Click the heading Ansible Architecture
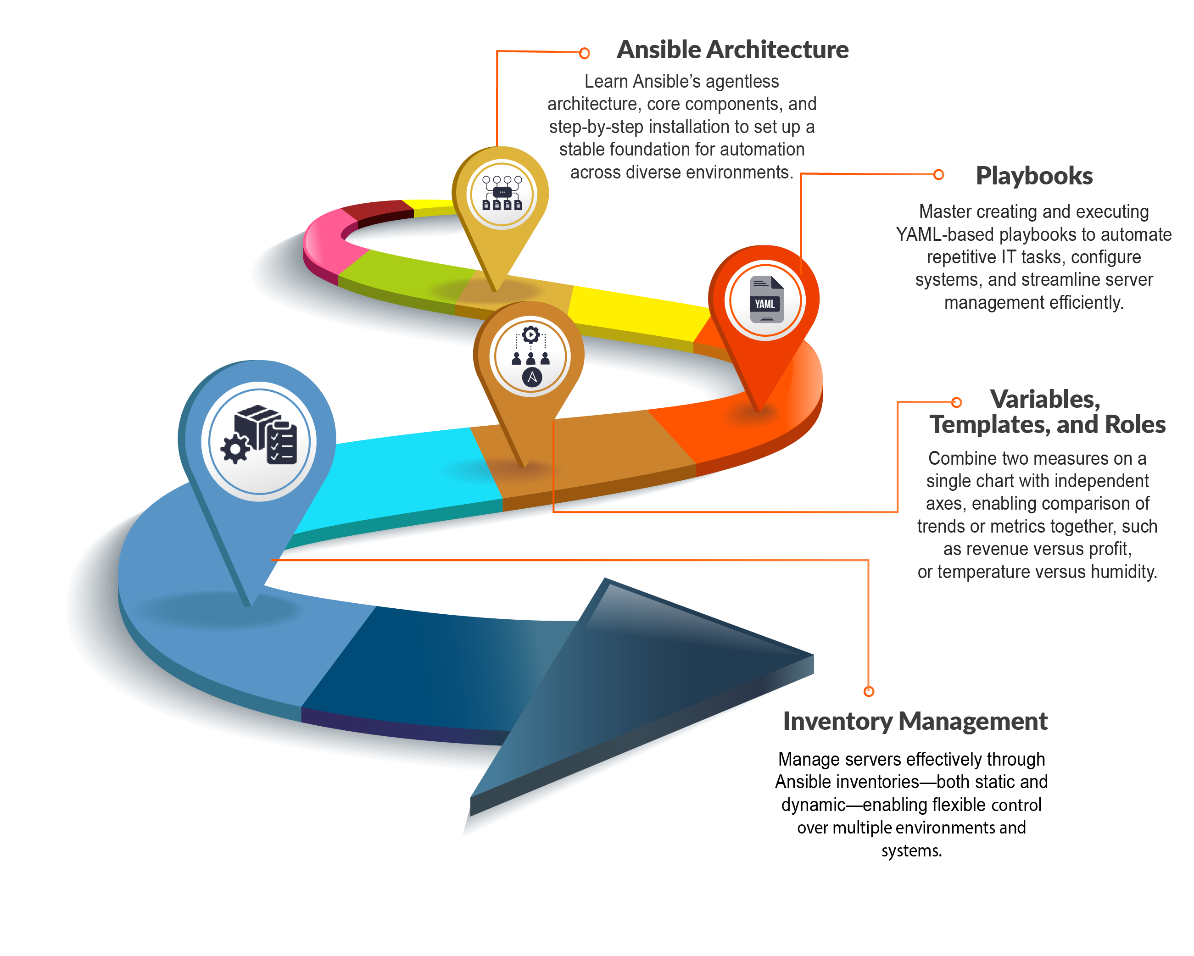(x=732, y=50)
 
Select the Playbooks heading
(x=1034, y=176)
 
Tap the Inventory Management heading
(x=915, y=721)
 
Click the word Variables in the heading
(x=1044, y=399)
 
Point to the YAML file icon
(x=766, y=300)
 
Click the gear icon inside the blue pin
(x=235, y=448)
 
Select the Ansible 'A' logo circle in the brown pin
(x=532, y=378)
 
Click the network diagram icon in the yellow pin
(x=502, y=194)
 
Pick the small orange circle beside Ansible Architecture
(x=584, y=53)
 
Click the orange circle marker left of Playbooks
(x=938, y=175)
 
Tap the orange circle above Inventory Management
(x=868, y=691)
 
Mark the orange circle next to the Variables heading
(x=956, y=402)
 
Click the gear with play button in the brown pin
(x=530, y=334)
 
